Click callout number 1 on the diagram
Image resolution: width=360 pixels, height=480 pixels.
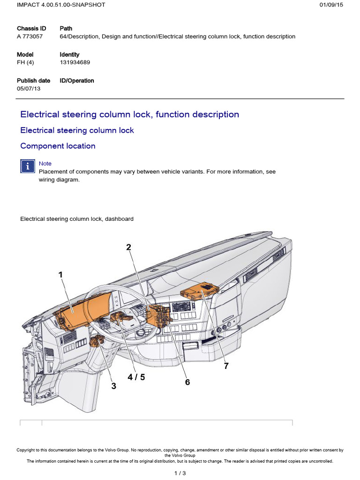pyautogui.click(x=60, y=275)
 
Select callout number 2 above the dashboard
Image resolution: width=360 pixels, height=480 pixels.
pyautogui.click(x=128, y=247)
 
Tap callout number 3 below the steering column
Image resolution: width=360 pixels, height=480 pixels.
pyautogui.click(x=113, y=386)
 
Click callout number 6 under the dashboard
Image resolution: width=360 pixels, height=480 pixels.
pyautogui.click(x=187, y=382)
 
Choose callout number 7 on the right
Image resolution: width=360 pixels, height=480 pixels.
pyautogui.click(x=226, y=366)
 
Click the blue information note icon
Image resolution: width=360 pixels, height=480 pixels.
pyautogui.click(x=28, y=166)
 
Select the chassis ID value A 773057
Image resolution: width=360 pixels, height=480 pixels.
pyautogui.click(x=30, y=37)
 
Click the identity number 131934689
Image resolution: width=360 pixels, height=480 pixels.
pyautogui.click(x=75, y=62)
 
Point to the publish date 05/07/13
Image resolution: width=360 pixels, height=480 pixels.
pyautogui.click(x=29, y=89)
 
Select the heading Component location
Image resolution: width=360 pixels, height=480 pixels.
pyautogui.click(x=58, y=146)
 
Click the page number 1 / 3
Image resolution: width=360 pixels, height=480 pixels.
pyautogui.click(x=180, y=472)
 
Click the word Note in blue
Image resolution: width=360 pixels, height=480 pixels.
pyautogui.click(x=45, y=164)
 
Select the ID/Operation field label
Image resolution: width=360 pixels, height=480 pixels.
pyautogui.click(x=77, y=81)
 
